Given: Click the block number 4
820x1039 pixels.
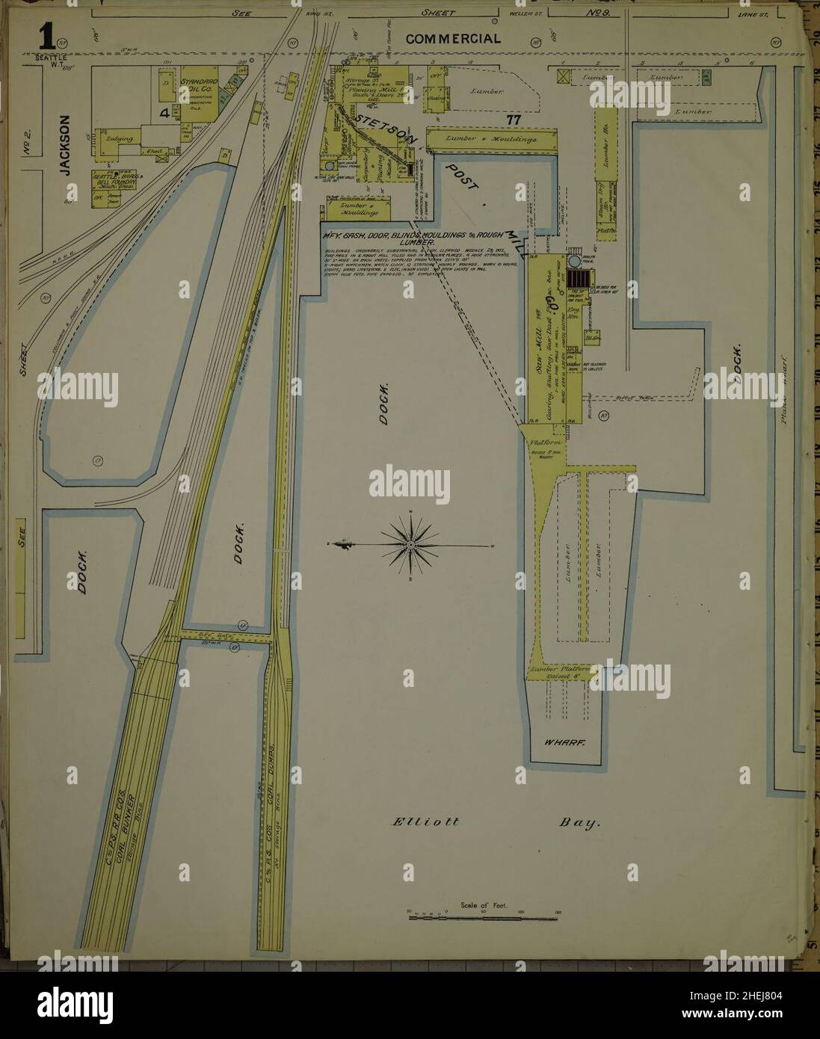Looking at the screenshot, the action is click(163, 114).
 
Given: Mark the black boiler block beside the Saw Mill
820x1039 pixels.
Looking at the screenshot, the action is click(578, 279).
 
